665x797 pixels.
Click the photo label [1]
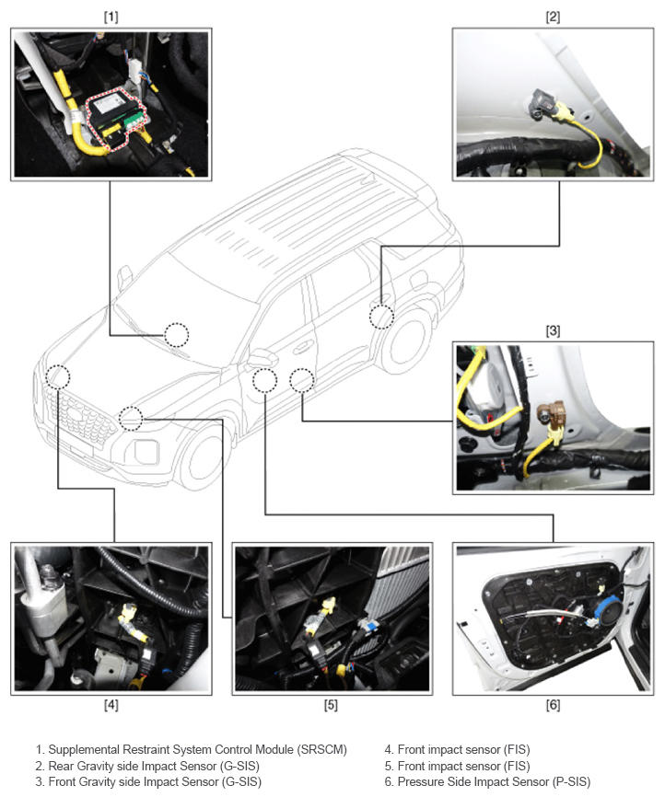[111, 17]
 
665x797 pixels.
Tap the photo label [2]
[553, 17]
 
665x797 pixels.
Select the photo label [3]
[553, 331]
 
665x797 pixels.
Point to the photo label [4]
[111, 705]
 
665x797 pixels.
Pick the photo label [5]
[331, 705]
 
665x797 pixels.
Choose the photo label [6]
[553, 705]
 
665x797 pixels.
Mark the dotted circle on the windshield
[176, 335]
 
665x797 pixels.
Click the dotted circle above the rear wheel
[381, 317]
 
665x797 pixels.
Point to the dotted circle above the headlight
[131, 419]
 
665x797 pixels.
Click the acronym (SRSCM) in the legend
[323, 750]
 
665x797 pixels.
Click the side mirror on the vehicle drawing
[262, 357]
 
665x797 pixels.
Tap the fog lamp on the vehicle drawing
[146, 451]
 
